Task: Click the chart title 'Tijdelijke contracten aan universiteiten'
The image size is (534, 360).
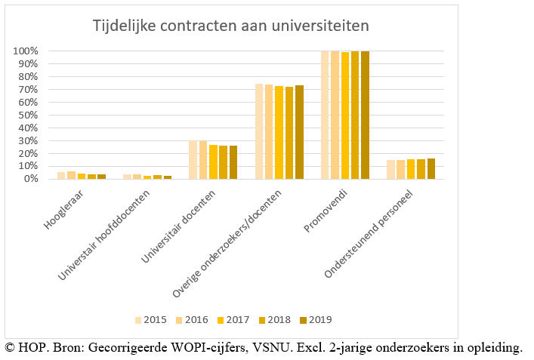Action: click(230, 26)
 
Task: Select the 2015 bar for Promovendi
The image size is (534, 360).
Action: click(326, 115)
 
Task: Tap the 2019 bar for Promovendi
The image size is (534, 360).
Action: click(366, 115)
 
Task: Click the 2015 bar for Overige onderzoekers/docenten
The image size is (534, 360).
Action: click(259, 131)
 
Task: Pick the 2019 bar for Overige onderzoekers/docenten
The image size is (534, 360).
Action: click(299, 132)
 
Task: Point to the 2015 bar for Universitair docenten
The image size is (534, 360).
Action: click(193, 159)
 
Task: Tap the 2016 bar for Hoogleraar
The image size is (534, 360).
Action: click(71, 175)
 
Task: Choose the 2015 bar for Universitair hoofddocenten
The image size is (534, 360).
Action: click(127, 177)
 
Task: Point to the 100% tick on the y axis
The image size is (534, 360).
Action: click(25, 51)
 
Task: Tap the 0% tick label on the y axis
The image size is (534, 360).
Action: click(30, 179)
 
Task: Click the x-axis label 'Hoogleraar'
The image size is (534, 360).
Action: click(66, 208)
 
